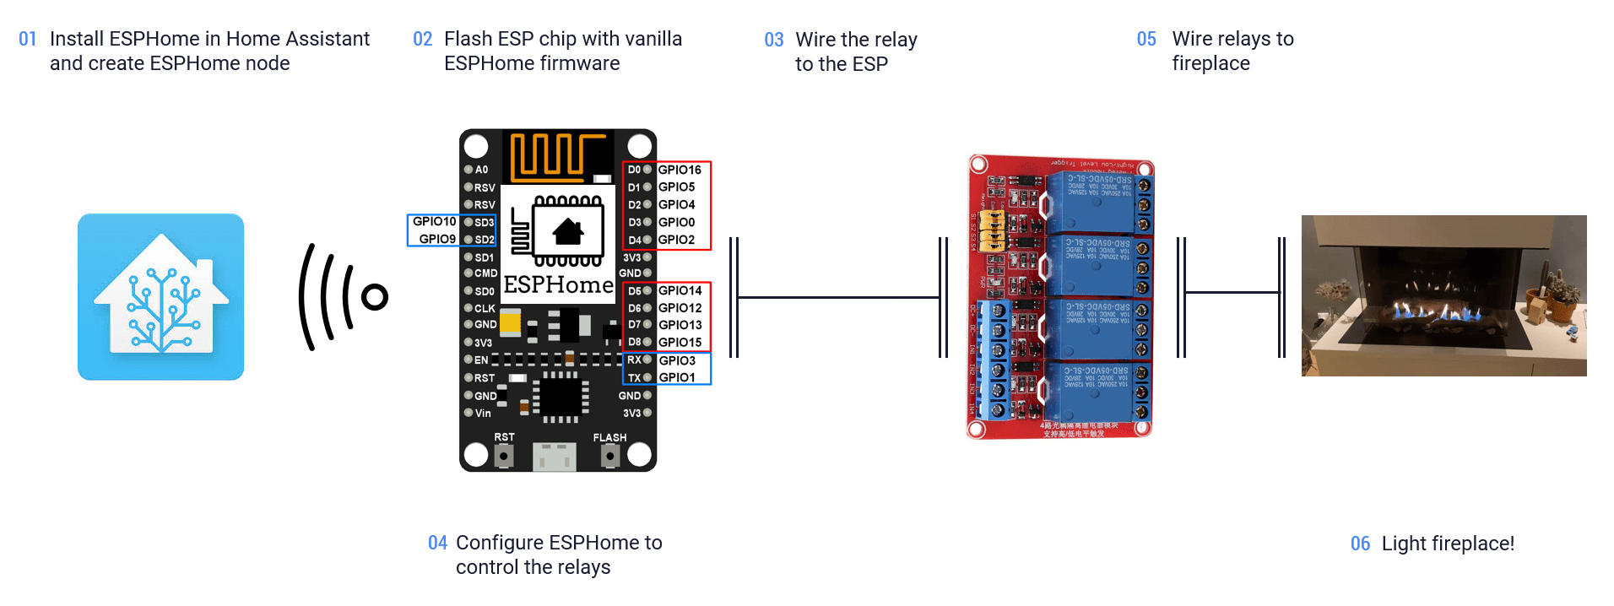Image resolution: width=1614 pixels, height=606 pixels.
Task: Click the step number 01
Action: coord(27,40)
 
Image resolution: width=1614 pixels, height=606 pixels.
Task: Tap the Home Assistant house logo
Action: coord(160,296)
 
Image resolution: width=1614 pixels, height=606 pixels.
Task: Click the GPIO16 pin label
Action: coord(680,170)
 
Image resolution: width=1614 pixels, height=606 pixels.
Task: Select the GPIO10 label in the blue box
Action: coord(434,221)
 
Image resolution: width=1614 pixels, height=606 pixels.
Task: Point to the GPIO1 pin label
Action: coord(677,377)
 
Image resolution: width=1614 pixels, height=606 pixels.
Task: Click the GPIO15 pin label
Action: coord(680,342)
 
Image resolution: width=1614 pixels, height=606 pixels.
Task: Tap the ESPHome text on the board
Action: coord(558,285)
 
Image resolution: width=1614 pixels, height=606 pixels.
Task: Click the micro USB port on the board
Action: coord(555,457)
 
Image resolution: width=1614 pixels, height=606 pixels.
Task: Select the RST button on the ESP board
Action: coord(504,456)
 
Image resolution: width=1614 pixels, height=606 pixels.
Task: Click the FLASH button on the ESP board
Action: coord(609,456)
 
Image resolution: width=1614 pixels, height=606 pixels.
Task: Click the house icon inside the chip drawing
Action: coord(568,230)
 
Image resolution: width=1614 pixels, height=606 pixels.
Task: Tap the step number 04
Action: coord(437,543)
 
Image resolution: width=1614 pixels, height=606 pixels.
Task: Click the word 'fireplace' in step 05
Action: coord(1210,64)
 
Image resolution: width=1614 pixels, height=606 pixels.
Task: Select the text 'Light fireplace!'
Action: coord(1448,544)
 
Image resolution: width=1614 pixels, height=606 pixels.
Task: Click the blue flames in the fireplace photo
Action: coord(1435,313)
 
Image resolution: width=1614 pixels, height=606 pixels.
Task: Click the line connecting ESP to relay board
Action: coord(837,297)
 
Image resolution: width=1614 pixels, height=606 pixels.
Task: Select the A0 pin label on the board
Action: coord(481,170)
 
